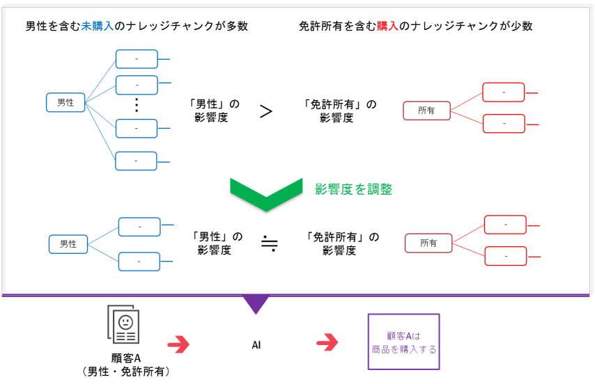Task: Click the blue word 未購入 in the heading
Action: pos(98,26)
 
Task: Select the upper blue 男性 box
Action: pos(65,102)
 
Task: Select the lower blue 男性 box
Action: pos(68,244)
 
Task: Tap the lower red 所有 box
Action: pos(428,243)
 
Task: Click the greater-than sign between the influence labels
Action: pos(265,111)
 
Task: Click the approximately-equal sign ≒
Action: pos(269,243)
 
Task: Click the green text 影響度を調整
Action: pos(353,189)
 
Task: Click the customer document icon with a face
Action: pos(123,326)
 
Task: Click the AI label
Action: pos(256,344)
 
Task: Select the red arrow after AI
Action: pos(327,343)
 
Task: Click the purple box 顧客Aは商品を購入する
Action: pos(403,342)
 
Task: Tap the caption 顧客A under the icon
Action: pos(125,359)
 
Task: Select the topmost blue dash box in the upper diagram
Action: pos(137,59)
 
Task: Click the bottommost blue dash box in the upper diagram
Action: pos(136,161)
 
